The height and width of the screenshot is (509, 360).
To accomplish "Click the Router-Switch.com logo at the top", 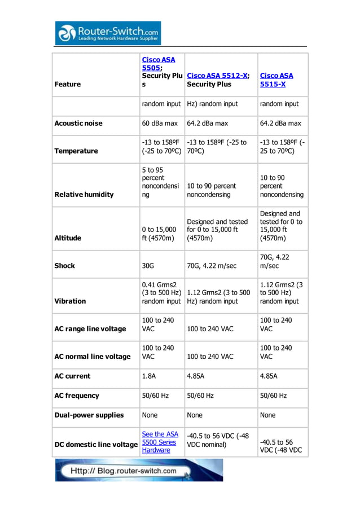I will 108,33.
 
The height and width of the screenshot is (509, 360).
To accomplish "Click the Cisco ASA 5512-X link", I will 217,76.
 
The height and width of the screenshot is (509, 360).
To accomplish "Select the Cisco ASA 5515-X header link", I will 276,80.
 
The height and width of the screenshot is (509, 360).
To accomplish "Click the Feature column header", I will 67,84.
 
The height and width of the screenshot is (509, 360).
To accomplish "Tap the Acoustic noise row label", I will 78,123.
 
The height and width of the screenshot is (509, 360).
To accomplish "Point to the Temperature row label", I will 76,151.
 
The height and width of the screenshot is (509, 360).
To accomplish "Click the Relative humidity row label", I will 84,194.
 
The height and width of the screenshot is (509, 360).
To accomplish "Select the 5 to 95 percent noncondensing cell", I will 160,182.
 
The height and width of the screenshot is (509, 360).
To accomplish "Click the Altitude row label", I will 68,238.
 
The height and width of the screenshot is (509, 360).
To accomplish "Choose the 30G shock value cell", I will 150,265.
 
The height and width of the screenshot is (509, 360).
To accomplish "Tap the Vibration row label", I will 70,301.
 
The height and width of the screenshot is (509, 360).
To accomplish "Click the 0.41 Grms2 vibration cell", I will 161,293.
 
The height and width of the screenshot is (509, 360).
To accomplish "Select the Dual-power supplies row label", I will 89,415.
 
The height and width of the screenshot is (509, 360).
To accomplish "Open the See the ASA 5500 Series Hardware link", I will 160,442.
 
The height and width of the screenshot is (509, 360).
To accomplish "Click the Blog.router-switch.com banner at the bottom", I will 139,470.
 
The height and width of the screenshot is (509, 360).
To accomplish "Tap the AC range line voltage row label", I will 90,328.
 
